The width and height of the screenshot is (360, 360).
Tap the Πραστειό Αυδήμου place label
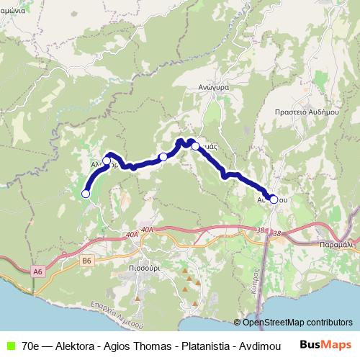[306, 113]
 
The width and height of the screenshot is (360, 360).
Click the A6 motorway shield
[37, 271]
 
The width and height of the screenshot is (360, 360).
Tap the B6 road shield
[87, 260]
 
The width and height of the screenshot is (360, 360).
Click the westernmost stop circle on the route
[86, 193]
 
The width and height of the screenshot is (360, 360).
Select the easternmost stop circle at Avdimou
[274, 199]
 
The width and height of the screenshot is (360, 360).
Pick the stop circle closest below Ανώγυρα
[195, 146]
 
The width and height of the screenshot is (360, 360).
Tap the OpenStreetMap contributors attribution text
[297, 322]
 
